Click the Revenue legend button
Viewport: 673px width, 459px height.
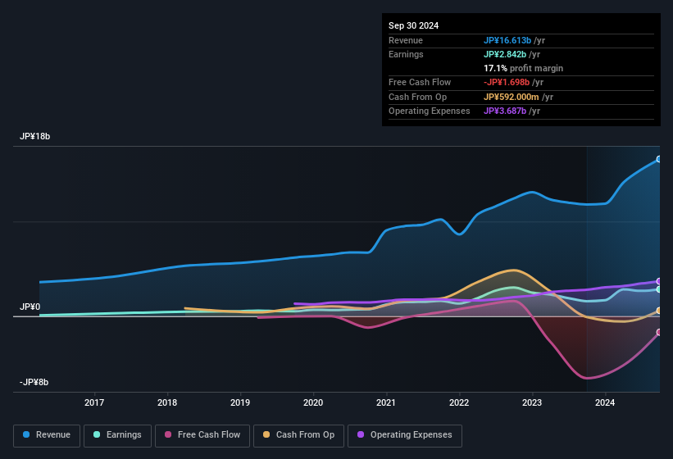click(x=48, y=435)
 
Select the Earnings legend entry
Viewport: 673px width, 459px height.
click(x=117, y=435)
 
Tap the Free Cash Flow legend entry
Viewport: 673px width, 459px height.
click(x=202, y=435)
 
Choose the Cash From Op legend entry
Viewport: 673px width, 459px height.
click(x=299, y=435)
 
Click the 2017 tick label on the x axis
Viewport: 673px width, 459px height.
click(x=94, y=402)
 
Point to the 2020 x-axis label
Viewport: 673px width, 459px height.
click(x=313, y=402)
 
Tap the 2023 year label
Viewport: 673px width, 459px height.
click(x=532, y=402)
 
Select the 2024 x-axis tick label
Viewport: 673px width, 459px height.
click(x=605, y=402)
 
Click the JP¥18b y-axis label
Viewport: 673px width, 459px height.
click(x=35, y=137)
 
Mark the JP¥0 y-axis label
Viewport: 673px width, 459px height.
click(x=30, y=307)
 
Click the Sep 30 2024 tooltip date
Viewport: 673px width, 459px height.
click(x=413, y=25)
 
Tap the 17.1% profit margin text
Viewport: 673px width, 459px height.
click(x=523, y=68)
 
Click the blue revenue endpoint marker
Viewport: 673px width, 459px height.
click(x=659, y=159)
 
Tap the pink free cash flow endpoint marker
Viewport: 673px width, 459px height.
click(x=659, y=332)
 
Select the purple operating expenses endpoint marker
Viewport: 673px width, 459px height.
click(x=659, y=281)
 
